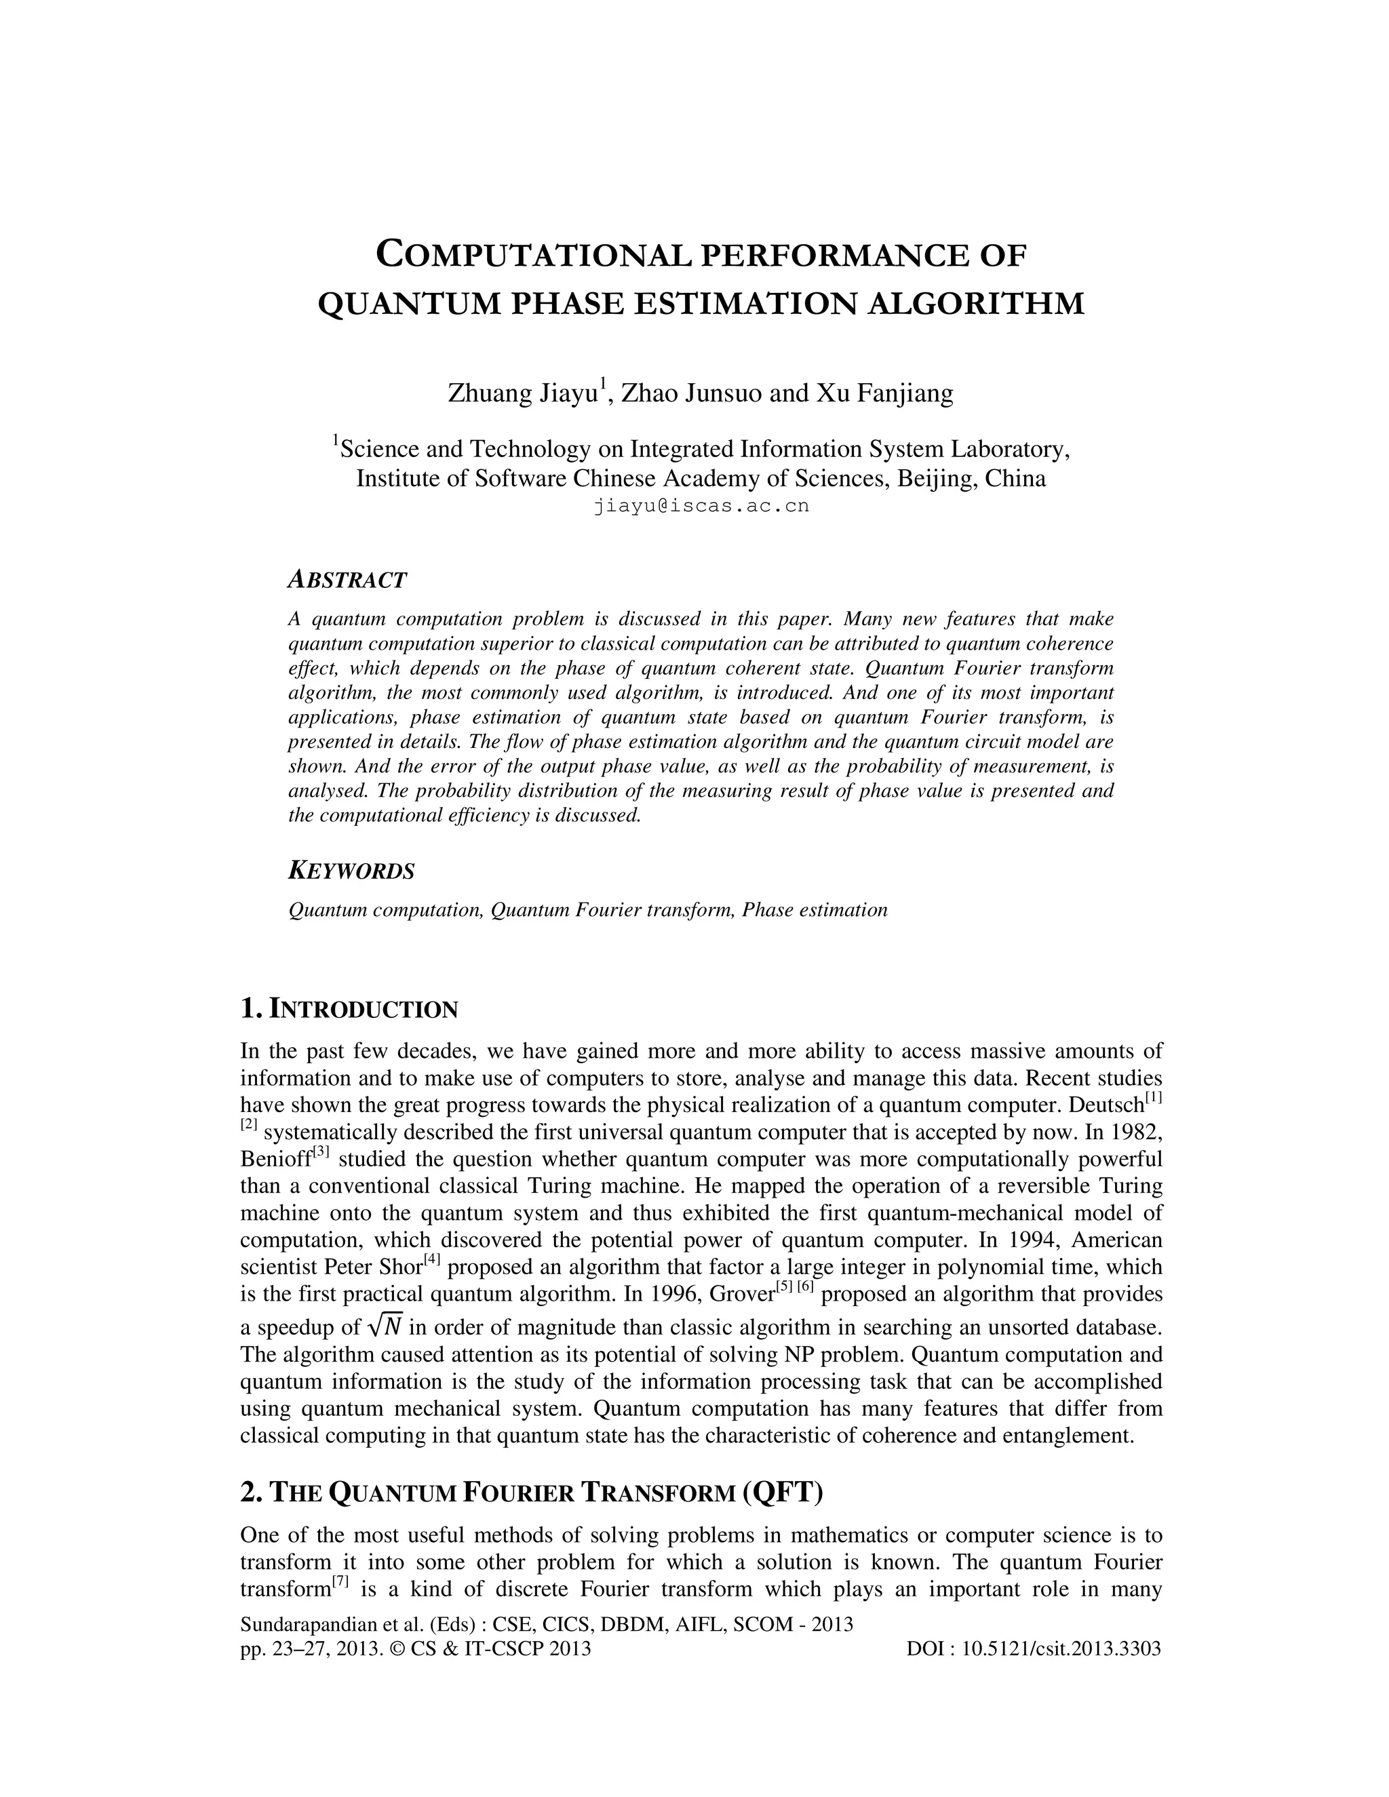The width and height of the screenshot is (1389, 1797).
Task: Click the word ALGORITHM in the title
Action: (x=976, y=304)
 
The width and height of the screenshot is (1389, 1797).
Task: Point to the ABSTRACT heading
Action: (x=347, y=580)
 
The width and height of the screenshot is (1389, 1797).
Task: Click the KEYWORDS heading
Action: (x=351, y=871)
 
